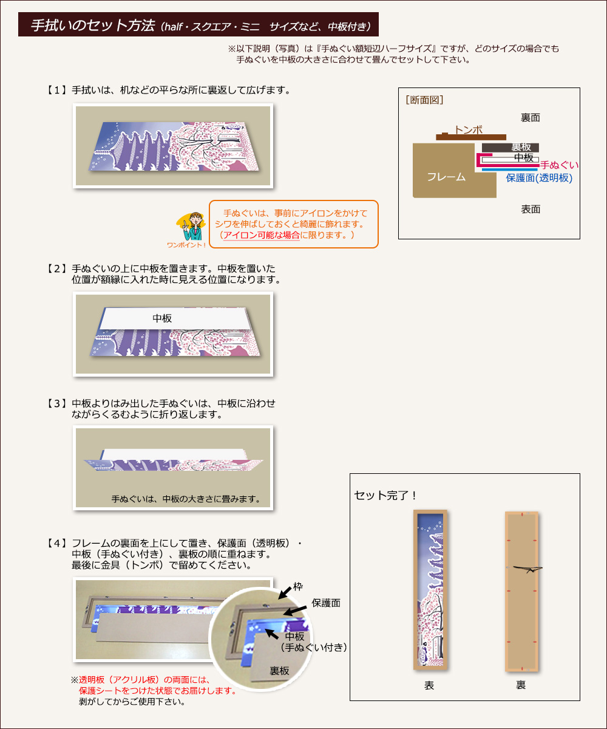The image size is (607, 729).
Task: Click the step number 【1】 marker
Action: click(58, 90)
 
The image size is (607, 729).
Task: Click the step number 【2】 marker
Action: click(58, 268)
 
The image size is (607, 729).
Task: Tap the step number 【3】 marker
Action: click(58, 403)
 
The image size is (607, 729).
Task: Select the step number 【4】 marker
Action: click(58, 542)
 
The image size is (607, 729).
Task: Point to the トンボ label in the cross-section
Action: click(469, 129)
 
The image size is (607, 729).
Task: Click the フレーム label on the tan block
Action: click(446, 177)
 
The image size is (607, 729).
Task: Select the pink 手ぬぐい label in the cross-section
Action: click(559, 165)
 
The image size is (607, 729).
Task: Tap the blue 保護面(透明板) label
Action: click(539, 178)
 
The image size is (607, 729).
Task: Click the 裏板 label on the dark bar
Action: click(521, 148)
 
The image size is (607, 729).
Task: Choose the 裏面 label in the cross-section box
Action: click(530, 117)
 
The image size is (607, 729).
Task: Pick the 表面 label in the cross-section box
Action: click(530, 209)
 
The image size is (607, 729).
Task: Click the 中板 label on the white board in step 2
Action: click(162, 318)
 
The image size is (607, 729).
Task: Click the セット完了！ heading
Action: click(385, 495)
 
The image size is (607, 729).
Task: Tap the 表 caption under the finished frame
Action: click(429, 685)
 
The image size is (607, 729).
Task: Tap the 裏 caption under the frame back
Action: click(521, 685)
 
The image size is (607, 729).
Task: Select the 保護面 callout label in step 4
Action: click(326, 603)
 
